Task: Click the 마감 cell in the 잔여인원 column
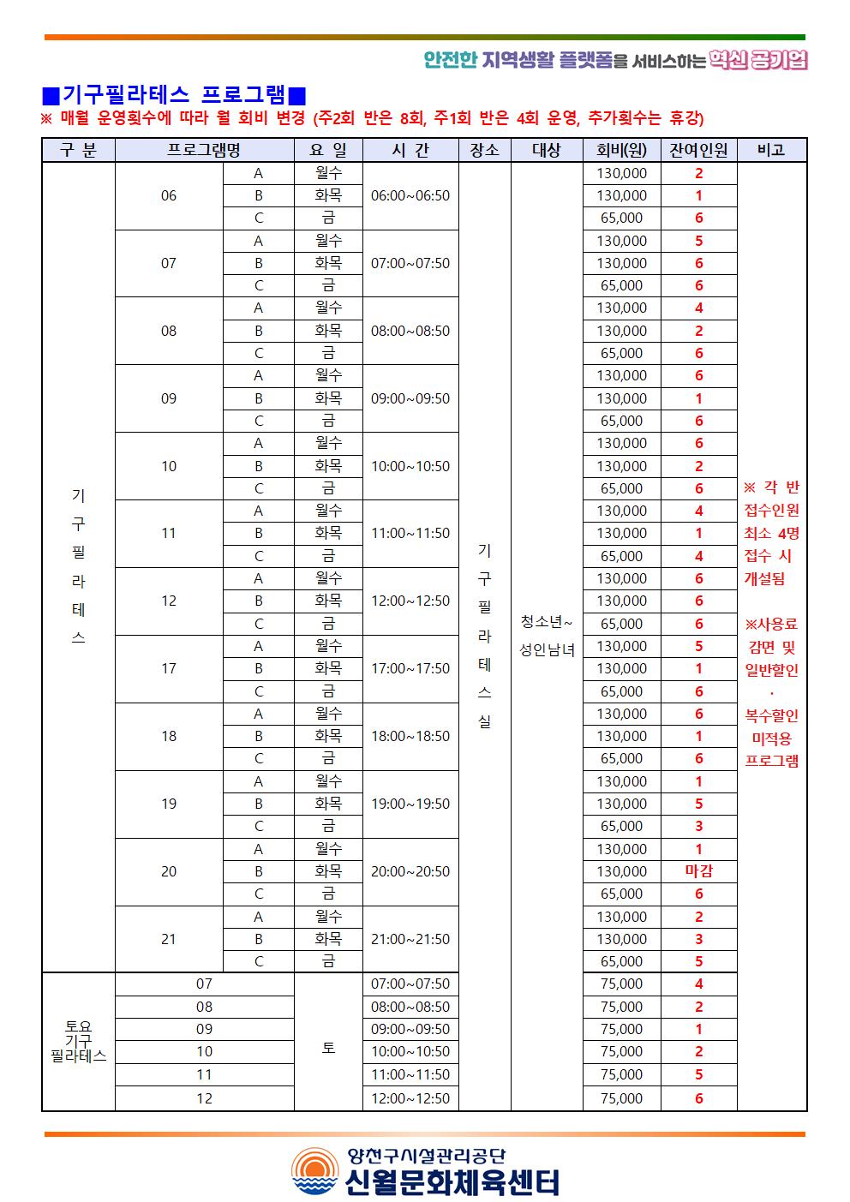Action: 698,871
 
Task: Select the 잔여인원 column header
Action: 698,150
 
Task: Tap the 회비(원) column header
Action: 621,150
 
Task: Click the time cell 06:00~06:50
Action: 410,195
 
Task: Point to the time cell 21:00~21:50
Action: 410,939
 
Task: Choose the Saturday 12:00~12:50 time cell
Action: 410,1098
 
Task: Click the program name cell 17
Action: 169,668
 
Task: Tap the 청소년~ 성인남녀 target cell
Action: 547,635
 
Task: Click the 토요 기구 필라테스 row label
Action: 78,1041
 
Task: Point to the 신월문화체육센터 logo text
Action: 452,1182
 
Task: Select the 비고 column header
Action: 771,150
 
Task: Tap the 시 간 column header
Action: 410,150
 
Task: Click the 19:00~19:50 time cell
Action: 410,804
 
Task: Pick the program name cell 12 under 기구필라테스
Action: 169,601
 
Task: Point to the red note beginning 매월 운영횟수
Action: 373,118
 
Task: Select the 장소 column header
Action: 484,150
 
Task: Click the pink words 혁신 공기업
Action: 758,60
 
